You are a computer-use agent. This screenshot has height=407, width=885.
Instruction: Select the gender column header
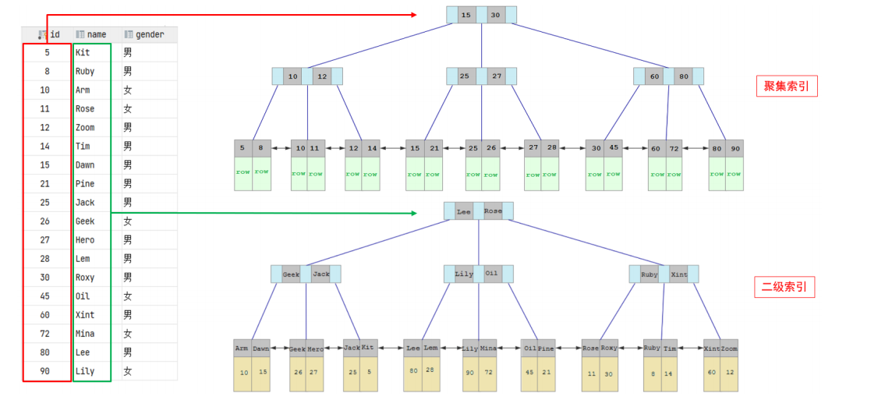tap(149, 34)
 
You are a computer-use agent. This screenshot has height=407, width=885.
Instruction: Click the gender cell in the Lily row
tap(128, 371)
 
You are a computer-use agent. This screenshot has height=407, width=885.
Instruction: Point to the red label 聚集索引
tap(787, 87)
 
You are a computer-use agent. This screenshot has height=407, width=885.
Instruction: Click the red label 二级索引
tap(784, 288)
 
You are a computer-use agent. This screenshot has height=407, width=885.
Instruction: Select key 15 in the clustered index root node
tap(466, 15)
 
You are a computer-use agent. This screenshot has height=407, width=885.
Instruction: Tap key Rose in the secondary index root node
tap(493, 211)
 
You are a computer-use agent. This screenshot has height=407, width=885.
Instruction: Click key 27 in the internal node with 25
tap(497, 76)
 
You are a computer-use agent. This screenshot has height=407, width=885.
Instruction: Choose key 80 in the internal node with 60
tap(684, 76)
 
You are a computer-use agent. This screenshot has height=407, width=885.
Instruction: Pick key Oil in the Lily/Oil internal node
tap(491, 274)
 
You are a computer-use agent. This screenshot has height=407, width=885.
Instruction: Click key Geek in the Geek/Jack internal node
tap(291, 274)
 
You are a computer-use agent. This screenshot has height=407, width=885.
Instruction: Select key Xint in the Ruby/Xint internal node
tap(679, 274)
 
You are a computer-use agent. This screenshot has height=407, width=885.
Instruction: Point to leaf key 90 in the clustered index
tap(734, 148)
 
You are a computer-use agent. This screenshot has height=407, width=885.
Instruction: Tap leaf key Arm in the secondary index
tap(242, 349)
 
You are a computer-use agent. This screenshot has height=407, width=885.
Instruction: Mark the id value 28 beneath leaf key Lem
tap(430, 370)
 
